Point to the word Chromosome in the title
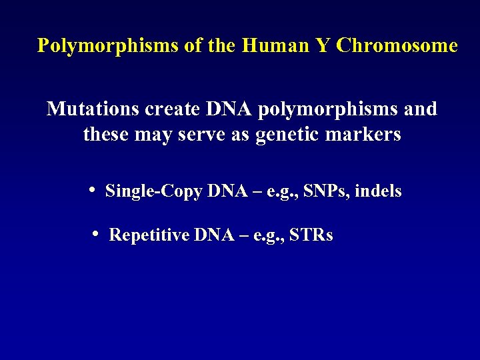point(397,45)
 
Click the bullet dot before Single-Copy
point(93,189)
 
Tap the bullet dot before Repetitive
point(97,233)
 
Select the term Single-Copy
point(154,192)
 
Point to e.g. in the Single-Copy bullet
point(282,193)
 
